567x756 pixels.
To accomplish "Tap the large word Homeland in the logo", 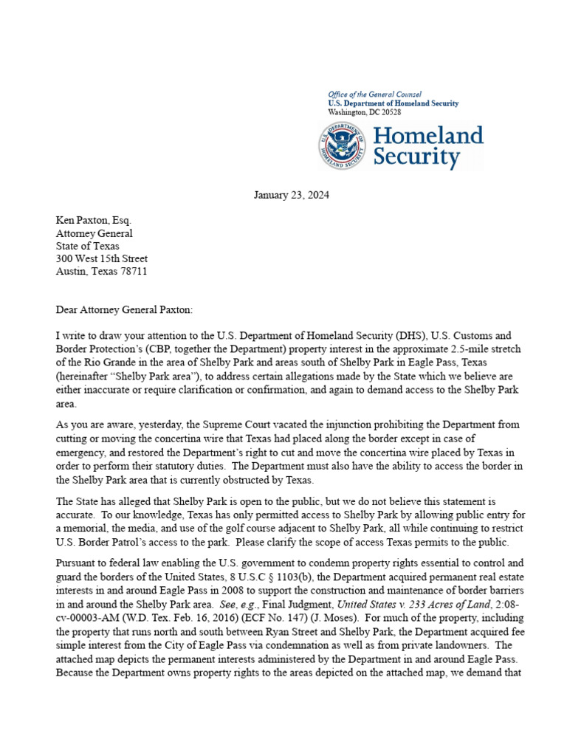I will (x=428, y=135).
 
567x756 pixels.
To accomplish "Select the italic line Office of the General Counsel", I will (x=374, y=94).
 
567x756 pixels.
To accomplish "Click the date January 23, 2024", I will (x=291, y=196).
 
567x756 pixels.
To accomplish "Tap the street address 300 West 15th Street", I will (x=102, y=258).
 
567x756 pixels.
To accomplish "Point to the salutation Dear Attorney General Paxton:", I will (x=123, y=311).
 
